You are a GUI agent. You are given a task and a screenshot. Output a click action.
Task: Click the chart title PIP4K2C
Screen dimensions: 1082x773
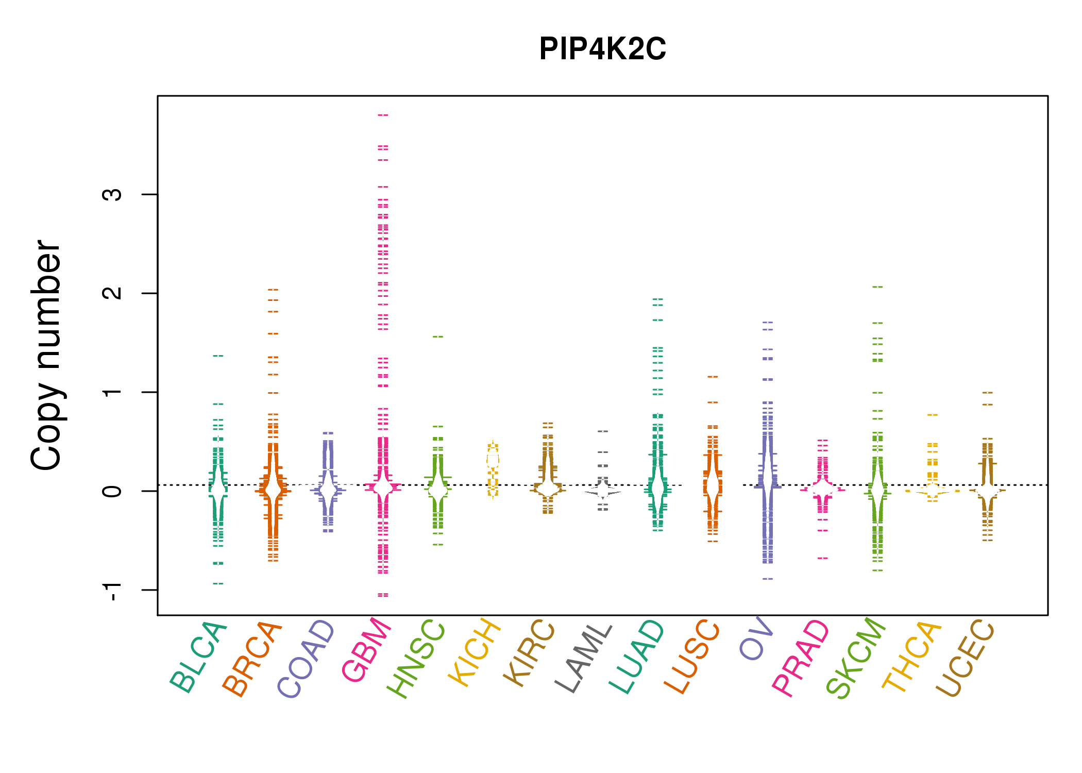[x=602, y=49]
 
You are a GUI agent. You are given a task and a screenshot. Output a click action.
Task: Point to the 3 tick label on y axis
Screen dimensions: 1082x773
[x=112, y=194]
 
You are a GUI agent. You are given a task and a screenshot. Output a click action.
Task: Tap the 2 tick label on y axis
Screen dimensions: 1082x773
[x=112, y=293]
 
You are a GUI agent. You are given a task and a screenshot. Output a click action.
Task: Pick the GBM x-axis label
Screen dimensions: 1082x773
[x=366, y=650]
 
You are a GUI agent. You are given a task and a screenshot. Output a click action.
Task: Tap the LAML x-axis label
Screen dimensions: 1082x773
[x=584, y=659]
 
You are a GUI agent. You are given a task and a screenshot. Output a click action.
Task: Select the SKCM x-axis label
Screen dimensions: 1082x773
[x=856, y=658]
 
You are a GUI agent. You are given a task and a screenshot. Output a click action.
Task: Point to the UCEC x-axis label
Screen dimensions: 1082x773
[x=965, y=658]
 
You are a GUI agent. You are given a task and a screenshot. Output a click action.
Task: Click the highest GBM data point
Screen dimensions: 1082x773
[x=383, y=115]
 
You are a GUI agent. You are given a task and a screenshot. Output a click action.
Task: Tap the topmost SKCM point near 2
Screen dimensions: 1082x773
[x=877, y=287]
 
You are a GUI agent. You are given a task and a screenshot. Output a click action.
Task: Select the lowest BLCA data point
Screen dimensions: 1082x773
[x=218, y=583]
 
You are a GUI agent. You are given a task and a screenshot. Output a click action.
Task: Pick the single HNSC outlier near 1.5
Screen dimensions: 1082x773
[x=438, y=337]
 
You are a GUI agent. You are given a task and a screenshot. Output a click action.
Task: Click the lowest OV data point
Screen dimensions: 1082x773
[x=768, y=579]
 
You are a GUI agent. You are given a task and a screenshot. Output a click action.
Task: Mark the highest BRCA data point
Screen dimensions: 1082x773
[x=273, y=290]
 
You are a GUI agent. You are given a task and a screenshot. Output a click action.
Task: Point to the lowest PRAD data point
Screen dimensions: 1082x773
[x=823, y=558]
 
